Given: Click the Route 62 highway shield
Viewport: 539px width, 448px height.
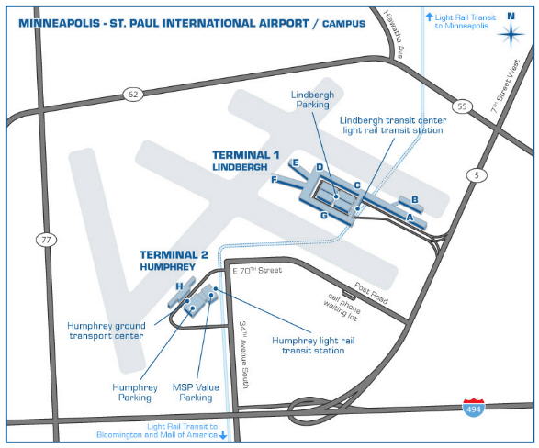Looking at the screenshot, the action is [133, 94].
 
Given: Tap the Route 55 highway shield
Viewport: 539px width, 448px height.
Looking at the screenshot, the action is [462, 106].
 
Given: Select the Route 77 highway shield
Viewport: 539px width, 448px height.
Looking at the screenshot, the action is [47, 240].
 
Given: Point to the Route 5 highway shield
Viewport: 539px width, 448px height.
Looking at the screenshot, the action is [477, 175].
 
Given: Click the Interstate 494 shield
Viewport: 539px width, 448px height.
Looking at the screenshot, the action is [474, 408].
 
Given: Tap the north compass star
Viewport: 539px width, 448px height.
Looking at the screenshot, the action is [511, 34].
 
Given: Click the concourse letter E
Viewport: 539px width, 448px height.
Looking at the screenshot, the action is [295, 162].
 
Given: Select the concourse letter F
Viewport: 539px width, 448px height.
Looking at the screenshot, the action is [274, 179].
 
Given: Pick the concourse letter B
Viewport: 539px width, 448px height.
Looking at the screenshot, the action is [415, 199].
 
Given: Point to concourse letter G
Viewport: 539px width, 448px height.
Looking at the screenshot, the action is [324, 216].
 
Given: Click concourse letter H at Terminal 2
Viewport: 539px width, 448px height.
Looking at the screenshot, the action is [179, 286].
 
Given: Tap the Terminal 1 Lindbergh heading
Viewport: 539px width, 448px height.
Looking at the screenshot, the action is [246, 161].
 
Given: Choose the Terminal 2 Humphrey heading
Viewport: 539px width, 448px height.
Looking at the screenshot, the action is [174, 260].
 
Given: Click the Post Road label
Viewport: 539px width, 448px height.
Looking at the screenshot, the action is [371, 293].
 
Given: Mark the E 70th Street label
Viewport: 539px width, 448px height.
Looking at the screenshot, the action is [257, 271].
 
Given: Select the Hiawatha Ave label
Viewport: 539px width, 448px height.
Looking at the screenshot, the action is [393, 34].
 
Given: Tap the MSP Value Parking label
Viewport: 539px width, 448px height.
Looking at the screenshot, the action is [196, 392].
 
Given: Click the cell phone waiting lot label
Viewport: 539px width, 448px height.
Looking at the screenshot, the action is [342, 308].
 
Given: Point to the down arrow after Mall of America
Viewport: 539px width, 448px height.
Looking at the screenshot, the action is [223, 435].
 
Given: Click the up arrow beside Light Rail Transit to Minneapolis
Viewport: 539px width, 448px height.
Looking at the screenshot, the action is [429, 17].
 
